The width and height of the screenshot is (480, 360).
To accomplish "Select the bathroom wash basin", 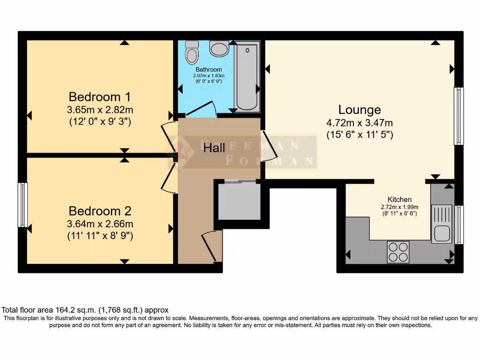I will point(219,48).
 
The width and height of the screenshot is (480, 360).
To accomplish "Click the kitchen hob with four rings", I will point(398,251).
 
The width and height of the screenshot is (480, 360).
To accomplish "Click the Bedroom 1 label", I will point(99,97).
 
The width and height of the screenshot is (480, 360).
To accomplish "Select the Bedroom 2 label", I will point(99,210).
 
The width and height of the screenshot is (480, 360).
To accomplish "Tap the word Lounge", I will point(360,110).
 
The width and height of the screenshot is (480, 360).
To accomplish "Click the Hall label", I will point(214,148).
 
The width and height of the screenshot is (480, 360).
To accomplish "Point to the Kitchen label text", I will point(399,199).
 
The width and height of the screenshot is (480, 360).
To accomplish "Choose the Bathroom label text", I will point(209,69).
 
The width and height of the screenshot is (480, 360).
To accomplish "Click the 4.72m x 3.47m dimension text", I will point(360,123).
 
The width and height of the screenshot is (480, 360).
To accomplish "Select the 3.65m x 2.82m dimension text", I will point(99,110).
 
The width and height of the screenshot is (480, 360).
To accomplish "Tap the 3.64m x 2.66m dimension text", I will point(99,224).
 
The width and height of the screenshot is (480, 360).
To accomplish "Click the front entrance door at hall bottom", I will point(211,247).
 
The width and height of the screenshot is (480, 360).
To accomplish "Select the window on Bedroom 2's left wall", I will point(22,205).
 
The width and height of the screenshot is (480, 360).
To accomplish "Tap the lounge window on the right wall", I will point(458,116).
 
